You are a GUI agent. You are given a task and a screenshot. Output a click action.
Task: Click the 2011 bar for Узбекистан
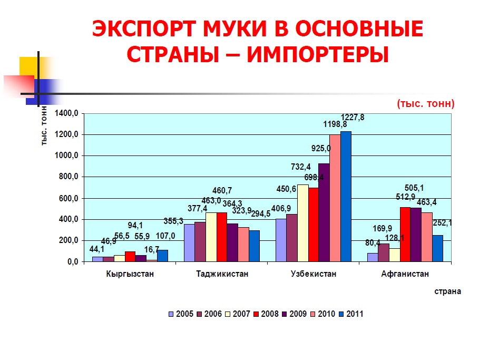click(x=346, y=197)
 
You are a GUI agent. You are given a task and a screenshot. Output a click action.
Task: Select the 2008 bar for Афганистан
click(x=405, y=235)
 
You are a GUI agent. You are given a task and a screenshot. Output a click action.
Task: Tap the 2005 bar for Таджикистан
click(x=189, y=243)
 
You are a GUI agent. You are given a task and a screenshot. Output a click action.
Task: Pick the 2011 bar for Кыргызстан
click(x=162, y=256)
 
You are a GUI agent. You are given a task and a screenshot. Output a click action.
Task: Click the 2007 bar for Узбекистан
click(x=303, y=223)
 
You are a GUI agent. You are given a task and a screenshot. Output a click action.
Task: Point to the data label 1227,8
click(x=353, y=118)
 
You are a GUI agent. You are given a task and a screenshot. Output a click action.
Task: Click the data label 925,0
click(x=321, y=149)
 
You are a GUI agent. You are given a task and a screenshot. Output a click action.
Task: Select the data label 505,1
click(x=414, y=188)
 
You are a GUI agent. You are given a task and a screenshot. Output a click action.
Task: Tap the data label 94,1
click(x=135, y=225)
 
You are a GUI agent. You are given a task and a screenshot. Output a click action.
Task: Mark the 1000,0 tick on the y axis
click(x=66, y=155)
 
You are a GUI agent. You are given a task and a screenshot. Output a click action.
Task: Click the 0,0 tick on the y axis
click(x=73, y=262)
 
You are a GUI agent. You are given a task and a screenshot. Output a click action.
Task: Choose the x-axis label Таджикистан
click(x=222, y=274)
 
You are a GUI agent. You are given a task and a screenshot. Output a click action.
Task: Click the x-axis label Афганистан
click(x=405, y=274)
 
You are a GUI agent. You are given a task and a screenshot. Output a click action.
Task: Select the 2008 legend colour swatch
click(x=256, y=314)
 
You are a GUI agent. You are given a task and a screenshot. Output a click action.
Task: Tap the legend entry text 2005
click(x=184, y=314)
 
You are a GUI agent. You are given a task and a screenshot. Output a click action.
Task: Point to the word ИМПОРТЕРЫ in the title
click(x=318, y=55)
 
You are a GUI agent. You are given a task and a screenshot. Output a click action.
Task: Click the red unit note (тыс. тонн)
click(x=426, y=104)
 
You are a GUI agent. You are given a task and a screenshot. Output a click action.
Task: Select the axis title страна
click(x=447, y=291)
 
